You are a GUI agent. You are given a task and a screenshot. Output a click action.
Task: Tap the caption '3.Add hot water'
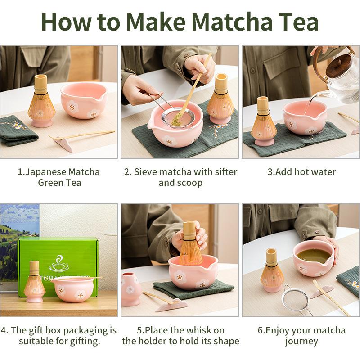(x=301, y=172)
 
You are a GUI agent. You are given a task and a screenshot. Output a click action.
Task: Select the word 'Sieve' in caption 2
(x=145, y=172)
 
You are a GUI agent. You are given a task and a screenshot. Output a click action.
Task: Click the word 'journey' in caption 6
(x=301, y=341)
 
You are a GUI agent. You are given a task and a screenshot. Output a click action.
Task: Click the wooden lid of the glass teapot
(x=341, y=67)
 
